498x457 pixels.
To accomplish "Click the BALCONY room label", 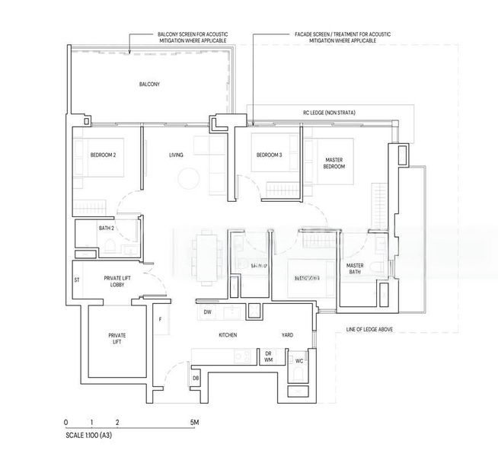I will tap(149, 84).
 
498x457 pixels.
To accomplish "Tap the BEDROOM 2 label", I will tap(103, 155).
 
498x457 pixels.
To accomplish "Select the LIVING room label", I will tap(177, 155).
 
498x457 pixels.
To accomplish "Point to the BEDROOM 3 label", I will tap(269, 155).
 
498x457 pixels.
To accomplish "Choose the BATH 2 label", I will tap(106, 228).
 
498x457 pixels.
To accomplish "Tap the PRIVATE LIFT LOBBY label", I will tap(118, 283).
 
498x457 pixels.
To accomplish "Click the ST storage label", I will tap(77, 280).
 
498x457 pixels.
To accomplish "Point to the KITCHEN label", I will tap(228, 335).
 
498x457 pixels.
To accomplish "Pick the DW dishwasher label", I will tap(207, 313).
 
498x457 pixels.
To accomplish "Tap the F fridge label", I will tap(161, 321).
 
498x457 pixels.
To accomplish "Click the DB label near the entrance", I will tap(196, 379).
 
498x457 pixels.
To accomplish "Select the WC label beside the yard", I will tap(299, 360).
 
